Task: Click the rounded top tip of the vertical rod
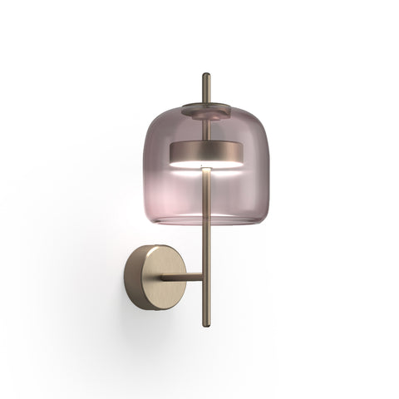pos(205,76)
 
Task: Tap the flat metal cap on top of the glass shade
pos(205,108)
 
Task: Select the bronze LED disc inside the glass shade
pos(205,153)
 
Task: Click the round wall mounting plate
pos(150,277)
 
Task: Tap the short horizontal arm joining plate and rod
pos(181,277)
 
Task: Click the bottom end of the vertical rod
pos(205,330)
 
